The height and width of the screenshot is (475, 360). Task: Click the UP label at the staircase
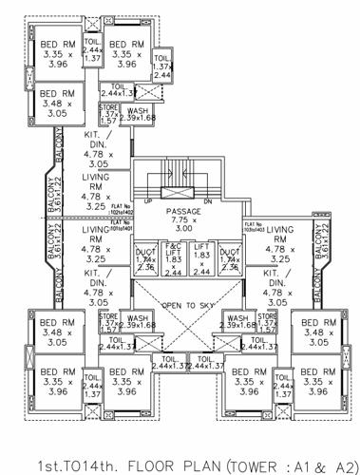click(x=145, y=200)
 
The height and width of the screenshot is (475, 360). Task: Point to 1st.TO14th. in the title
click(x=52, y=457)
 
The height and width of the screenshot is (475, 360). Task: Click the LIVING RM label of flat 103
click(x=280, y=245)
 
